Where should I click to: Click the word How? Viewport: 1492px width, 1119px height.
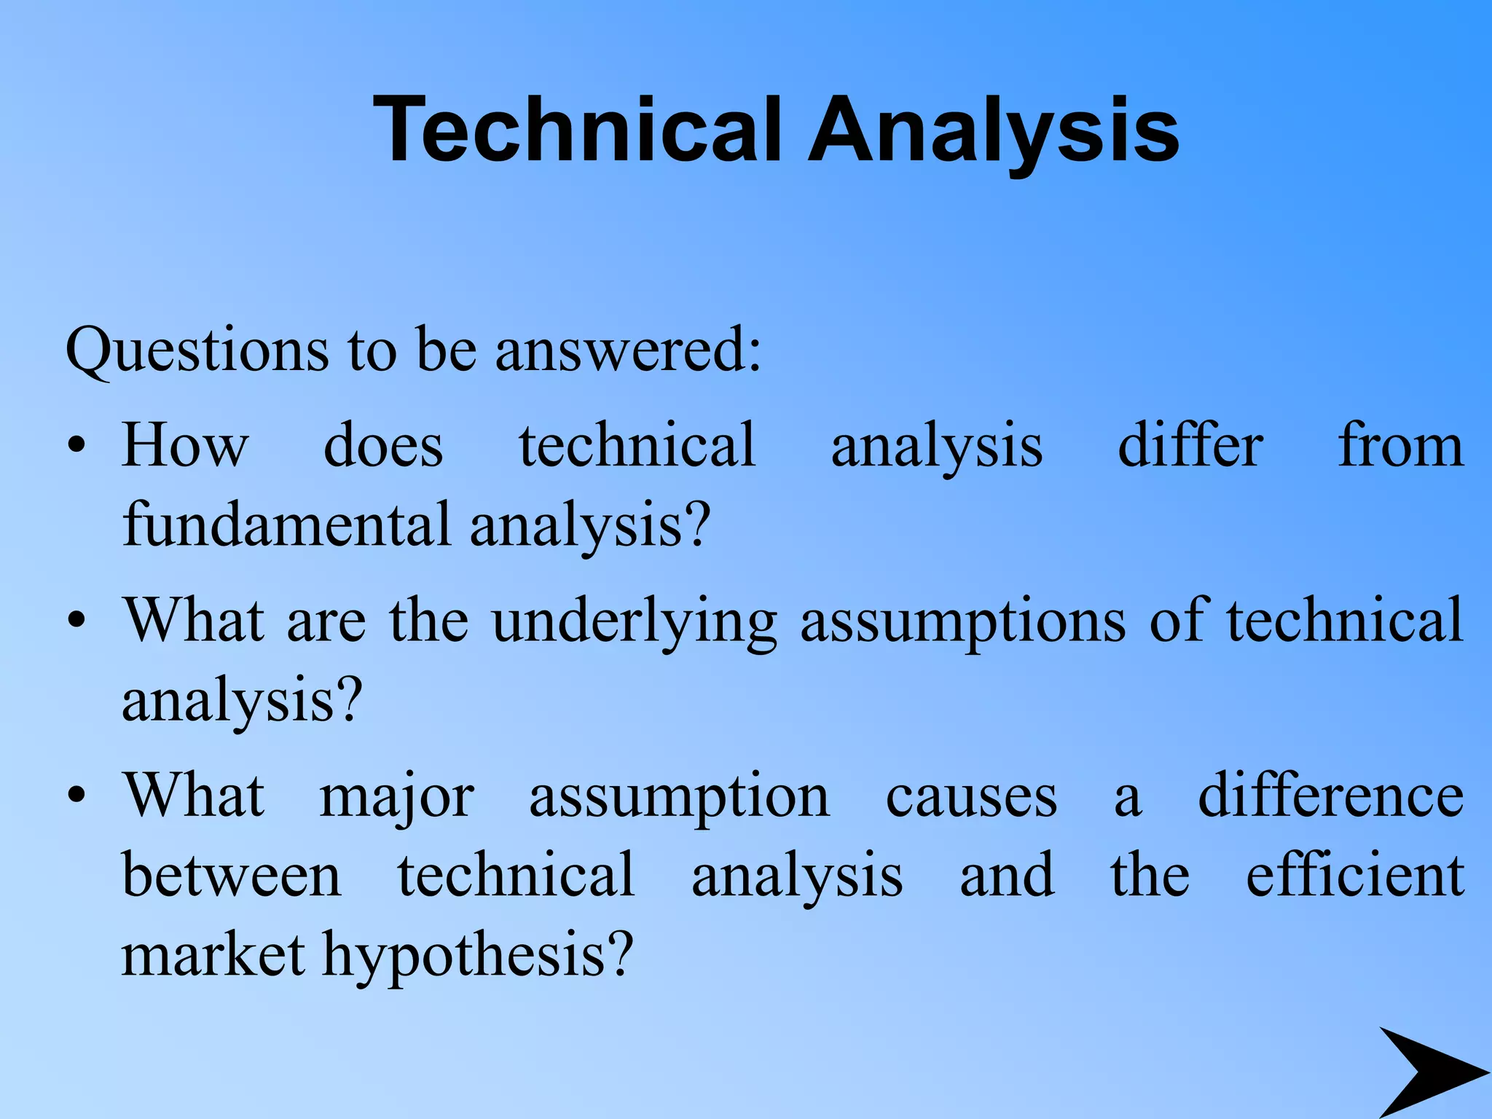pos(186,445)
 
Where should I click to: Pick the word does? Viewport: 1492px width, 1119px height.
pos(383,445)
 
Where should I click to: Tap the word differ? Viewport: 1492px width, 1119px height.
pos(1190,445)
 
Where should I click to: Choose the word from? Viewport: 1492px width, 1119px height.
pos(1400,445)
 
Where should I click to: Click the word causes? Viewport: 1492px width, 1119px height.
pos(971,796)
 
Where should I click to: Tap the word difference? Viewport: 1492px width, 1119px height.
pos(1330,795)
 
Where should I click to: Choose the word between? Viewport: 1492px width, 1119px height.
pos(232,875)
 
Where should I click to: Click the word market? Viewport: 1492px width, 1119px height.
pos(213,955)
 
